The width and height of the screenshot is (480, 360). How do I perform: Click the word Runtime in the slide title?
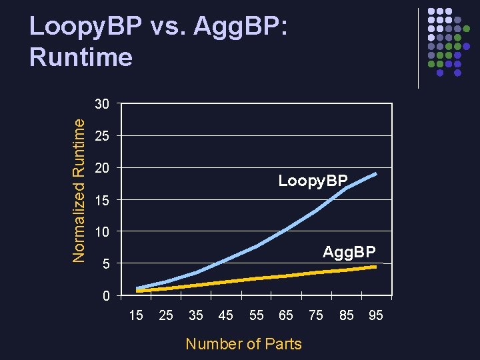pos(81,57)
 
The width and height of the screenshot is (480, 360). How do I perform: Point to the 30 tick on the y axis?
pos(102,105)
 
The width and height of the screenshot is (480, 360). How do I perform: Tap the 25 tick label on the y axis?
pos(102,137)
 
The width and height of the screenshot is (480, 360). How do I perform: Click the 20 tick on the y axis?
pos(102,168)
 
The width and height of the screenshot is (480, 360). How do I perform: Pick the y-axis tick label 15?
pos(102,200)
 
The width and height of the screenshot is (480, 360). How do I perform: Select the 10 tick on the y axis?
pos(102,232)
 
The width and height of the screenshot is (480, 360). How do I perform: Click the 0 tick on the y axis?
pos(106,296)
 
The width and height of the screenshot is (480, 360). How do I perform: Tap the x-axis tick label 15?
pos(135,315)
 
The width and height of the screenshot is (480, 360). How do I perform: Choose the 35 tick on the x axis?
pos(196,315)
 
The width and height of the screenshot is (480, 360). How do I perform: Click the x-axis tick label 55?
pos(256,315)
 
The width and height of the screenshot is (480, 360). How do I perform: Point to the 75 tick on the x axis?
pos(316,315)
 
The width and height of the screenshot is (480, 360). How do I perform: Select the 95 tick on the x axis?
pos(376,315)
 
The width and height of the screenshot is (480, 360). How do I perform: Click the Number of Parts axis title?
pos(243,344)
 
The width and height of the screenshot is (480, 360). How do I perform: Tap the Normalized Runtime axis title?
pos(79,190)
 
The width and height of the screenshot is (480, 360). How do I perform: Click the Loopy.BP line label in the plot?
pos(313,181)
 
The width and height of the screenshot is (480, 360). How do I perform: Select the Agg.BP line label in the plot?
pos(349,252)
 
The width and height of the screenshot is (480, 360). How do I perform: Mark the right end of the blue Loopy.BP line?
pos(377,173)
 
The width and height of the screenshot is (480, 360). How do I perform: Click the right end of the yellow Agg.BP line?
pos(377,267)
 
